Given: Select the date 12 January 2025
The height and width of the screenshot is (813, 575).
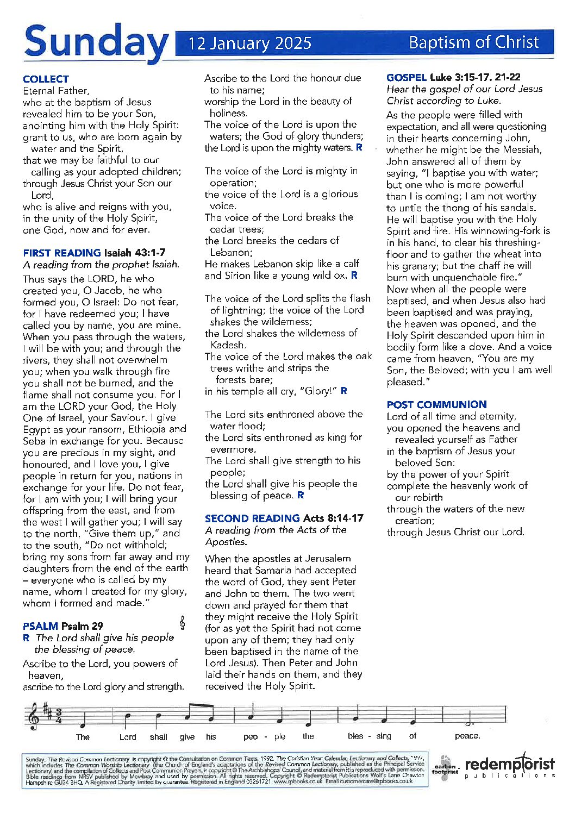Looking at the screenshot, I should pos(250,43).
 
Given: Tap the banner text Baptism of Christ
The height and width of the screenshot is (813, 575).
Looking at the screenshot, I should pos(473,42).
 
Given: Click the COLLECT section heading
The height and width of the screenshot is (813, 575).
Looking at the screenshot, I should pos(46,79).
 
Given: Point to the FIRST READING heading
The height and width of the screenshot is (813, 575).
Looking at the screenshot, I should pos(61,253).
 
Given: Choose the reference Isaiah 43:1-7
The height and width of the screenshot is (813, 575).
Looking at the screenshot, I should pos(135,253).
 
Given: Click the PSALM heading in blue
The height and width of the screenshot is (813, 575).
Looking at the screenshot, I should pos(40,626).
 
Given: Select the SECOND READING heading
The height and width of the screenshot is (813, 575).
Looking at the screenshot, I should pos(252,518).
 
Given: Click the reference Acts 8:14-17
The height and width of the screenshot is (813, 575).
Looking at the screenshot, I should pos(333,518).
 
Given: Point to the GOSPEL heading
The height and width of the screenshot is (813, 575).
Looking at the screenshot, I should pos(406,77).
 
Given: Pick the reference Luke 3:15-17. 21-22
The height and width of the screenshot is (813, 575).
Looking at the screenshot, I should pos(475,77).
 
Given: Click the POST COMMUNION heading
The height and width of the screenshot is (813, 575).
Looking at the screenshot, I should pos(436,404).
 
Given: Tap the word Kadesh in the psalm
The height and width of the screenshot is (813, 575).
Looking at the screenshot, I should pos(227,345).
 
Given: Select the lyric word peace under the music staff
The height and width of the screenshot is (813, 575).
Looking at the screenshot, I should pos(467,736).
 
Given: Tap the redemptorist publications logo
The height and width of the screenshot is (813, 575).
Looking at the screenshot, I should pos(509,766).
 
